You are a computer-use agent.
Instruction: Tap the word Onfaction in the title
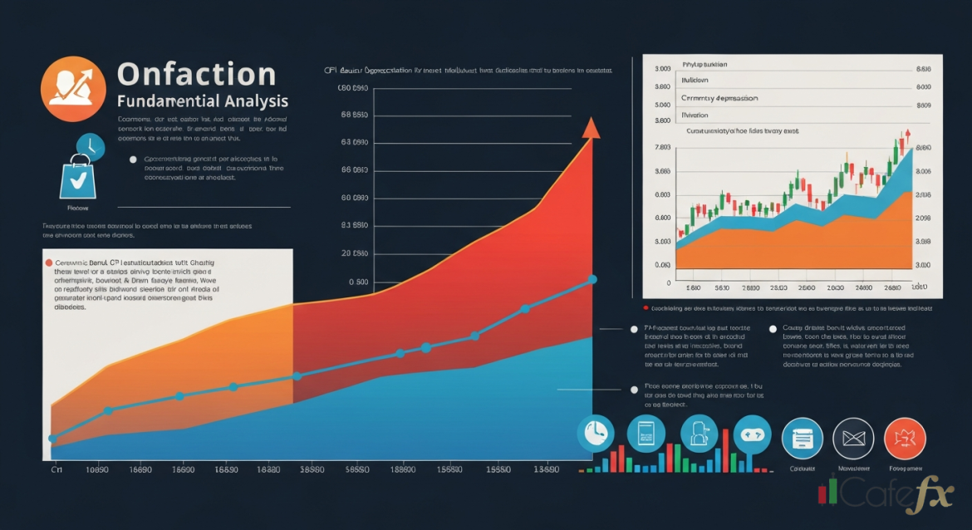pos(196,74)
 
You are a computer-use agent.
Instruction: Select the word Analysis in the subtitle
pos(256,101)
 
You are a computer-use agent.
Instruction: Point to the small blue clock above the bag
pos(89,147)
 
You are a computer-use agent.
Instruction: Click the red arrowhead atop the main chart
pos(591,127)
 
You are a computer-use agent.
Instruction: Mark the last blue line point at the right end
pos(592,279)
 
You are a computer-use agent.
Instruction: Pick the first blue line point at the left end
pos(52,438)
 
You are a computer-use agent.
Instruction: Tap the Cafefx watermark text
pos(884,495)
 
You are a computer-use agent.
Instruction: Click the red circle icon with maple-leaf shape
pos(905,439)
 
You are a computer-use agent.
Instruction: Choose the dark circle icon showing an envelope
pos(853,439)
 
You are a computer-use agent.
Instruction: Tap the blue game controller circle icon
pos(753,434)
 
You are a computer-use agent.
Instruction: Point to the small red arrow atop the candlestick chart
pos(908,133)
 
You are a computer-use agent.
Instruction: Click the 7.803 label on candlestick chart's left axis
pos(663,148)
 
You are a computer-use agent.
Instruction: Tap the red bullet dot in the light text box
pos(47,261)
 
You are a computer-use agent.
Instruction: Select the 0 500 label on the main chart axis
pos(358,282)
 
